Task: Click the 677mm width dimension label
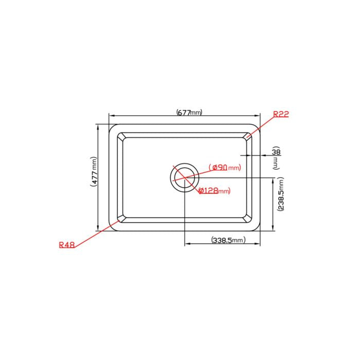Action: (190, 112)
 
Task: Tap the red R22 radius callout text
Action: (281, 114)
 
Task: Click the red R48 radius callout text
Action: (67, 245)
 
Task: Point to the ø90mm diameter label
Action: (225, 167)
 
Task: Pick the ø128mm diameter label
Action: (214, 191)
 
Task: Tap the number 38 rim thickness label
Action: (276, 152)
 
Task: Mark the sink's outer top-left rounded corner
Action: (111, 127)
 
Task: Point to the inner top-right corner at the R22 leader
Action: (248, 136)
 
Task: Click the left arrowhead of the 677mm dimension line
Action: (110, 116)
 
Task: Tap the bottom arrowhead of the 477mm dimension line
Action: (98, 230)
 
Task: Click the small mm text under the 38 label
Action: (276, 163)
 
